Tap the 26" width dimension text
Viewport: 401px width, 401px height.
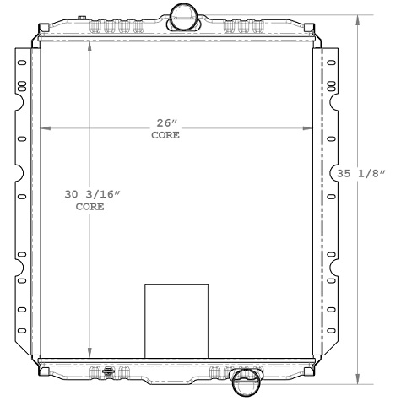tap(165, 121)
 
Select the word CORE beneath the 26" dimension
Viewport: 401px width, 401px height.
tap(165, 135)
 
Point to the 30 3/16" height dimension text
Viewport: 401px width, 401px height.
tap(93, 194)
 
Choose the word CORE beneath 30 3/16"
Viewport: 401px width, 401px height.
tap(89, 207)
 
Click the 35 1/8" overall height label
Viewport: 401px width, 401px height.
tap(361, 174)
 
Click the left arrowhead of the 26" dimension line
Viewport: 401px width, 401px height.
tap(46, 128)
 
